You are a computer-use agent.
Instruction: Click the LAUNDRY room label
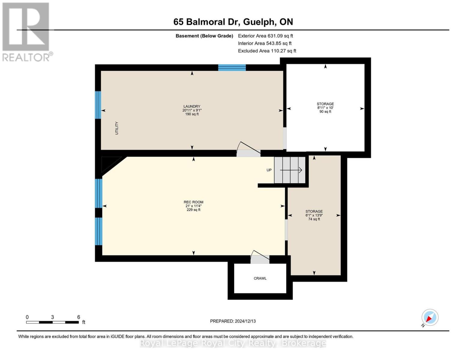pos(192,110)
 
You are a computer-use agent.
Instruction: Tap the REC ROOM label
pos(193,206)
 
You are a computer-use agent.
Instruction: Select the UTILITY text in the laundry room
pos(117,128)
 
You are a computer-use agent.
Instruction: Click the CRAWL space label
pos(260,278)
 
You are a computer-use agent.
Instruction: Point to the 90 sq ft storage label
pos(325,108)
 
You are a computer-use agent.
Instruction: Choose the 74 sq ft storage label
pos(314,215)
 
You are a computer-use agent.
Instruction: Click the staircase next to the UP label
pos(290,170)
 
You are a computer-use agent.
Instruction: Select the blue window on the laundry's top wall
pos(232,67)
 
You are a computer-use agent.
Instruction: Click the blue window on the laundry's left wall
pos(98,105)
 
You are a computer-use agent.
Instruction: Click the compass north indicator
pos(430,317)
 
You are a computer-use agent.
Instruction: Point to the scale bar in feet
pos(52,322)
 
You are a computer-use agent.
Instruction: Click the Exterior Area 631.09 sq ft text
pos(265,36)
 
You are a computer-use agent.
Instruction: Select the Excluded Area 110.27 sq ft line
pos(267,51)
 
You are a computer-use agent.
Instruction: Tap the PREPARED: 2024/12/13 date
pos(233,321)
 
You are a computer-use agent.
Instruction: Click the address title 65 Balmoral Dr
pos(233,22)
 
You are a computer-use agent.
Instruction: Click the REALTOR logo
pos(26,31)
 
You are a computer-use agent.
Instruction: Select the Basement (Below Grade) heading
pos(204,36)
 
